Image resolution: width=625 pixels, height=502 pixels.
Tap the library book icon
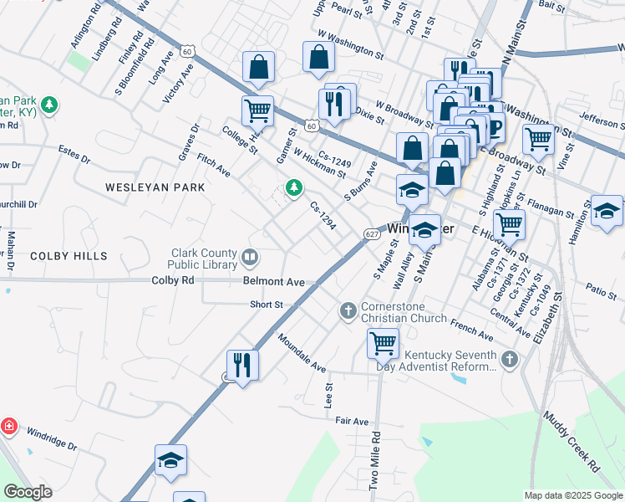(249, 256)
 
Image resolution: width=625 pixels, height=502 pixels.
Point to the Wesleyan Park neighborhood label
(155, 188)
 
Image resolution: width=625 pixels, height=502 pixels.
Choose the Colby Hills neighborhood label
(69, 255)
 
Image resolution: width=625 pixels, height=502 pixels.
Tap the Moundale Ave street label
(302, 355)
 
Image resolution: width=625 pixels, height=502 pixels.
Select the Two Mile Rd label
(375, 461)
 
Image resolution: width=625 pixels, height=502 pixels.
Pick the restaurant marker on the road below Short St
(242, 364)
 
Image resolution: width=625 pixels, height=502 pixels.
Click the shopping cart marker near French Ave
(383, 341)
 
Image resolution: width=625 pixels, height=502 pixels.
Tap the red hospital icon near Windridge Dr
(8, 427)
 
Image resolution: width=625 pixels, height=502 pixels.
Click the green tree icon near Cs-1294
(293, 188)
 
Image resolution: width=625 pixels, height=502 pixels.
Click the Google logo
(28, 492)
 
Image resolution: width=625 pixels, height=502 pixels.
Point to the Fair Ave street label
(352, 422)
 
